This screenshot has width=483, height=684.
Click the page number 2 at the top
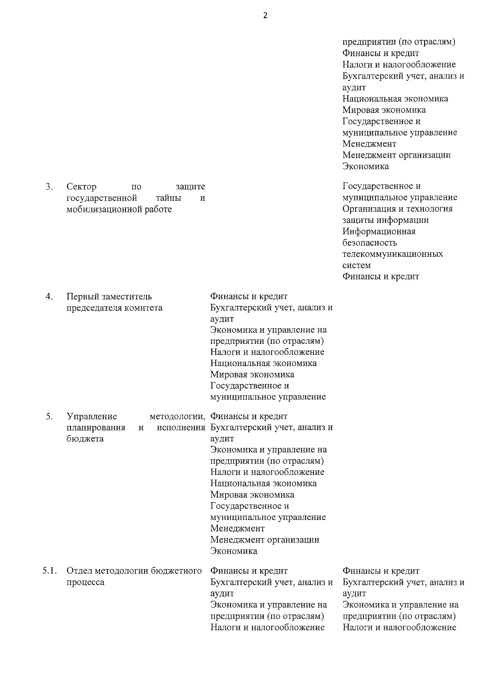(265, 16)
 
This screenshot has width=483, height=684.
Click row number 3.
(49, 187)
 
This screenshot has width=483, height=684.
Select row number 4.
(49, 297)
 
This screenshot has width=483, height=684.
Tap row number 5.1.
(49, 571)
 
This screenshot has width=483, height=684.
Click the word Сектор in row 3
(82, 187)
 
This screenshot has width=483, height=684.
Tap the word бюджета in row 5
(85, 439)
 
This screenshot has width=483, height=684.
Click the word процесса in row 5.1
(85, 582)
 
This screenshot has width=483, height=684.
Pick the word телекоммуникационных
(392, 254)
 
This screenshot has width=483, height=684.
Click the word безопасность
(369, 243)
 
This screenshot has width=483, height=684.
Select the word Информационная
(379, 231)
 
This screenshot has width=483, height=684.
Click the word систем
(356, 265)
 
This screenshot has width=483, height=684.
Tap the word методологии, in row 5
(177, 416)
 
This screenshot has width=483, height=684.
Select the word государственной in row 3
(101, 198)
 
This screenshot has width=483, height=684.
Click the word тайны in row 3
(169, 198)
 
